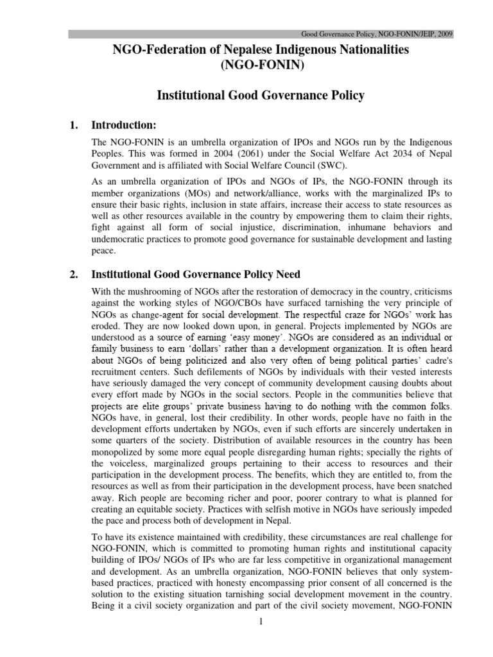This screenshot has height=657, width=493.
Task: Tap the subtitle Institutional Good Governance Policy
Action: [261, 96]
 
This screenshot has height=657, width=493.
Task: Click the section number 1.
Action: [73, 124]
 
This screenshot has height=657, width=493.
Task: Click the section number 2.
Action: [73, 275]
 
